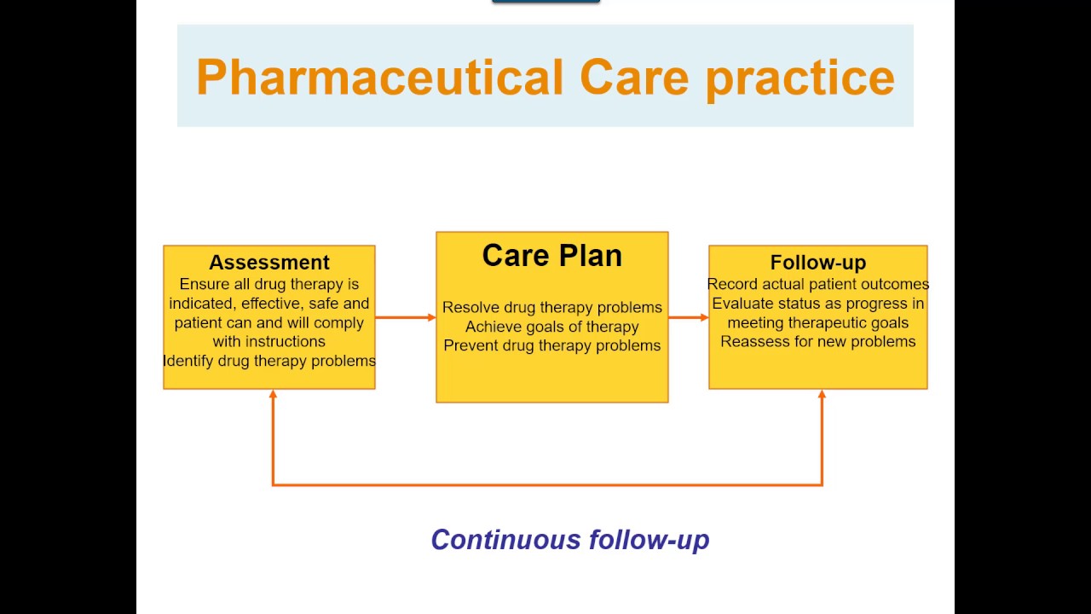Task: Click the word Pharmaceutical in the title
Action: click(379, 78)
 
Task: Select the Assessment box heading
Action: click(268, 263)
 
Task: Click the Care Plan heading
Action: click(551, 256)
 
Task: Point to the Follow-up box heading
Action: click(817, 263)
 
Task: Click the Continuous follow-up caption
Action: click(569, 540)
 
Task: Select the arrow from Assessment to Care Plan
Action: click(405, 317)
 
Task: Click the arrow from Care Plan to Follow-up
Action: click(688, 317)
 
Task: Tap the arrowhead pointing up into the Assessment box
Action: click(273, 395)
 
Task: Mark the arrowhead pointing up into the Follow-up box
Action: click(822, 395)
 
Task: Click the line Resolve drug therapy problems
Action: click(551, 307)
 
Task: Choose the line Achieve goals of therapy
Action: click(551, 327)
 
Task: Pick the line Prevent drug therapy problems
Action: click(551, 345)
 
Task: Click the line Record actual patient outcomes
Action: click(817, 284)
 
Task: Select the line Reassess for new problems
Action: click(817, 341)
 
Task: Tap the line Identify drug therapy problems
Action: click(269, 361)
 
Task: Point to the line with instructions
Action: click(269, 341)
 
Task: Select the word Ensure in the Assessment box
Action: click(205, 284)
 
